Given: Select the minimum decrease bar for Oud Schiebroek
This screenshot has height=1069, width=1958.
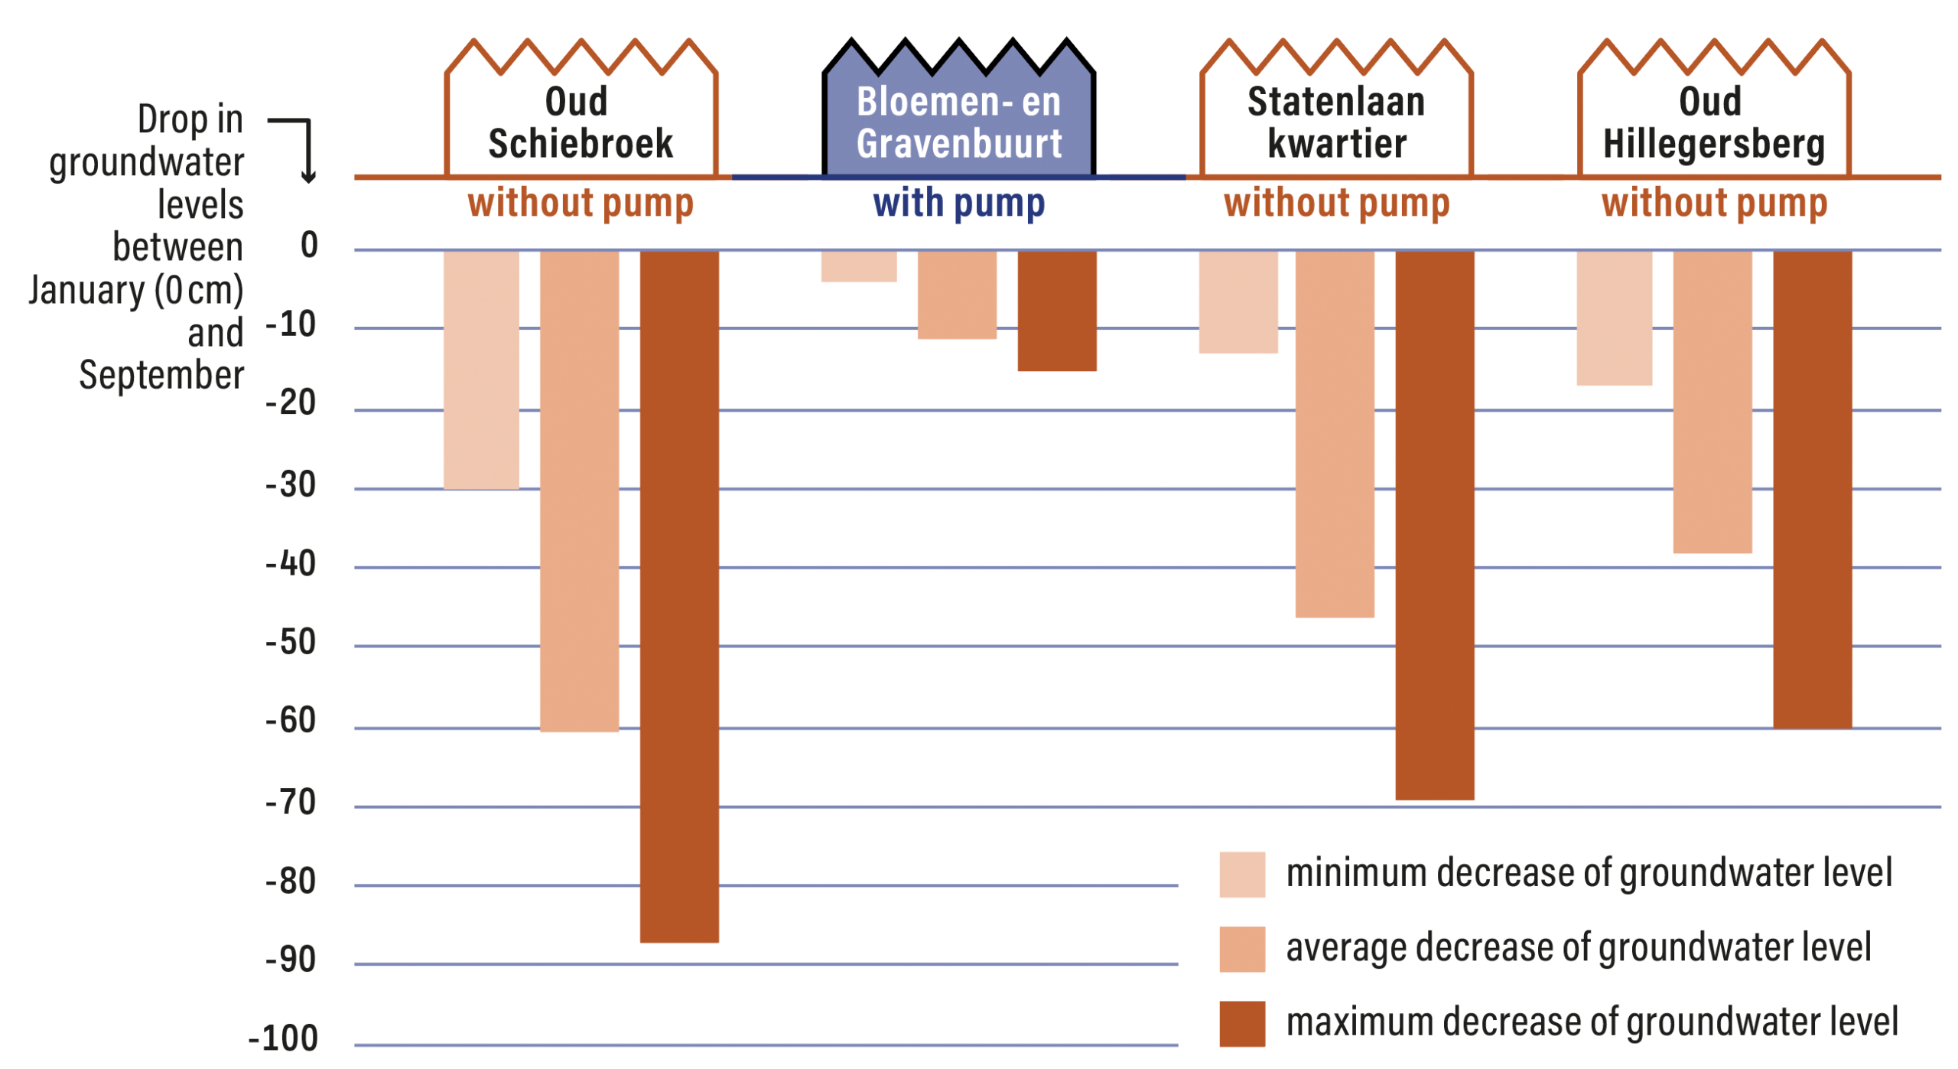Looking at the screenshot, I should (x=481, y=369).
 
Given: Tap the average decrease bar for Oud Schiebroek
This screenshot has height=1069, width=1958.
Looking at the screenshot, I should (x=579, y=490).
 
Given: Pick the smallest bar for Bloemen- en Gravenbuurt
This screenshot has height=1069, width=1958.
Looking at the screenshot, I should (x=858, y=266).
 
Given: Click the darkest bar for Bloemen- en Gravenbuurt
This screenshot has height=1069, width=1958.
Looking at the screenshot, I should (x=1056, y=310).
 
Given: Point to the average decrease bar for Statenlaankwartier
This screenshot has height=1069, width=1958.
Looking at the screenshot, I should (x=1334, y=433).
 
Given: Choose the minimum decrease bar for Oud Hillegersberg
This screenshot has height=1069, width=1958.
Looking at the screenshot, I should (x=1614, y=318).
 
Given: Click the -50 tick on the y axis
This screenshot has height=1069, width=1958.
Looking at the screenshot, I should (x=291, y=642).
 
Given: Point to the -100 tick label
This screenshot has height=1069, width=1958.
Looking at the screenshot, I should (x=283, y=1038).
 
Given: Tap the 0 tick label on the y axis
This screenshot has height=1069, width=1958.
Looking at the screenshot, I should (x=309, y=245).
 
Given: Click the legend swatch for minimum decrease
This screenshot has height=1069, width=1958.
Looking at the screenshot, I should (x=1241, y=873).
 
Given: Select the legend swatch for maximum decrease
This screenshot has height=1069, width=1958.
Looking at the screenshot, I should (x=1241, y=1023).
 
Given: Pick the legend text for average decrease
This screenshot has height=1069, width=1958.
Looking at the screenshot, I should (x=1578, y=947).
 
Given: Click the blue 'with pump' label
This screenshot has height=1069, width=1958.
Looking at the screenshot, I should (x=958, y=204).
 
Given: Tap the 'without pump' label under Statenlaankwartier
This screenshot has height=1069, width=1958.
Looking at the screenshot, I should (x=1335, y=204).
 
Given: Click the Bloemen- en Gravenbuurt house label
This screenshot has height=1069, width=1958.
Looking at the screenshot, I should (x=958, y=122).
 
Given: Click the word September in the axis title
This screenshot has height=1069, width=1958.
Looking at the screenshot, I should (x=161, y=375).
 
